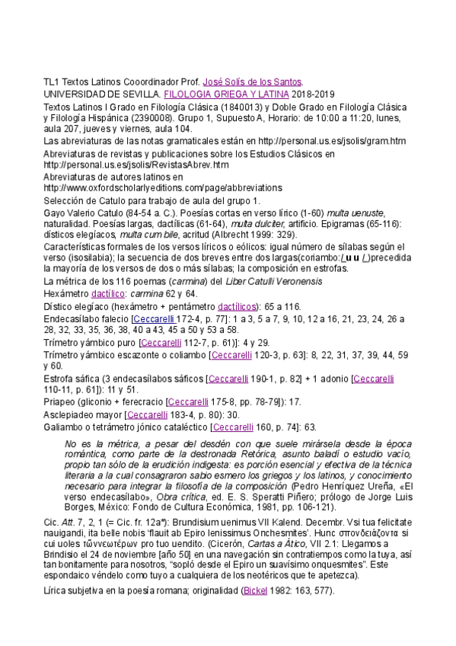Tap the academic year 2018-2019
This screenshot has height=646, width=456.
(314, 93)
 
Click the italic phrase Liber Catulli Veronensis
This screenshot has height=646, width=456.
(243, 281)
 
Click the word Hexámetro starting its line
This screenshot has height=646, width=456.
(65, 293)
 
